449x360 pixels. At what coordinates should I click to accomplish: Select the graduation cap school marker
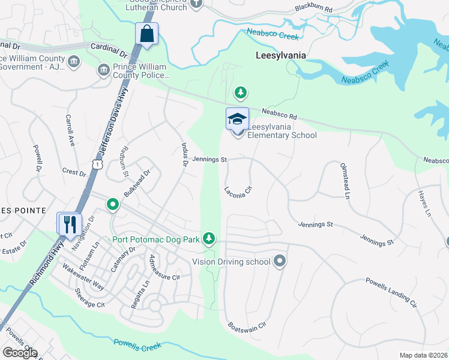pyautogui.click(x=237, y=118)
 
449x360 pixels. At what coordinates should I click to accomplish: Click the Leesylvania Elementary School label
pyautogui.click(x=282, y=135)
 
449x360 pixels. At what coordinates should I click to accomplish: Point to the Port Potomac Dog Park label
pyautogui.click(x=155, y=239)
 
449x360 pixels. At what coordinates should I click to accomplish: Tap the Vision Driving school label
pyautogui.click(x=231, y=262)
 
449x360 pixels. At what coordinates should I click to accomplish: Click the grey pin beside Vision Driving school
pyautogui.click(x=279, y=261)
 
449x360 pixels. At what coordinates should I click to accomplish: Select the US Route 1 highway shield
pyautogui.click(x=96, y=163)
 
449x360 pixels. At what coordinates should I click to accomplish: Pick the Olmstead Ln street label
pyautogui.click(x=345, y=180)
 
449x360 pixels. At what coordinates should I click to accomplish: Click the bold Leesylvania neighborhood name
pyautogui.click(x=273, y=55)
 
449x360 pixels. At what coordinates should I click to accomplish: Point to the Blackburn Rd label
pyautogui.click(x=313, y=8)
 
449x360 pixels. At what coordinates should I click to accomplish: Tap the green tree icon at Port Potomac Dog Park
pyautogui.click(x=208, y=239)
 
